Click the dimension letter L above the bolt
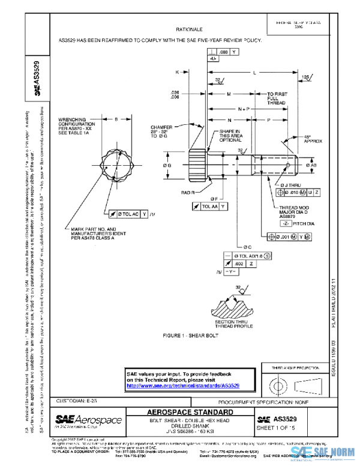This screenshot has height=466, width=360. [254, 72]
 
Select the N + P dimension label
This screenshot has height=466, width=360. [243, 109]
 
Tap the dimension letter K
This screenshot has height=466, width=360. [178, 72]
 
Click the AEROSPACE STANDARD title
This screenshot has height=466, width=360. [190, 413]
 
